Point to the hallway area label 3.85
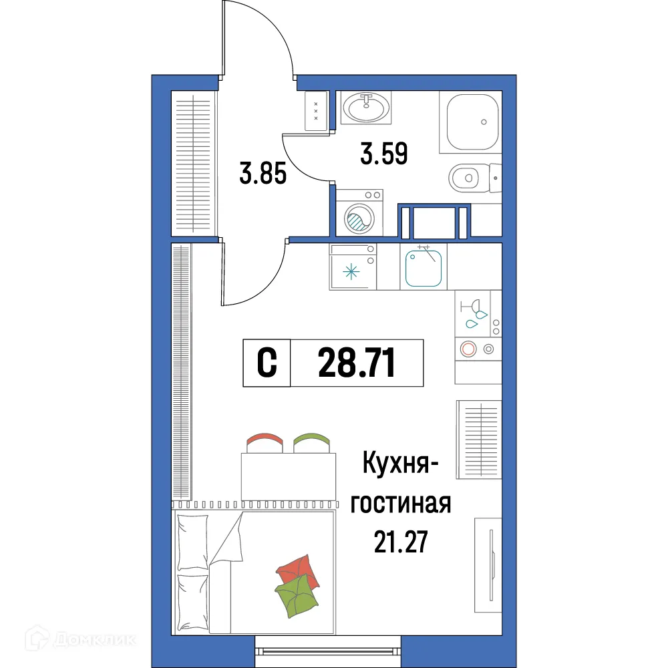pos(263,175)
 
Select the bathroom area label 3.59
pos(383,155)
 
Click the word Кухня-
pos(399,464)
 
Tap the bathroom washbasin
pos(366,107)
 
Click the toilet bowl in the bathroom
pos(465,177)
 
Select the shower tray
pos(472,122)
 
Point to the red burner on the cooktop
pos(468,348)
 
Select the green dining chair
pos(312,442)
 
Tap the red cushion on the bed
pos(297,569)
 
